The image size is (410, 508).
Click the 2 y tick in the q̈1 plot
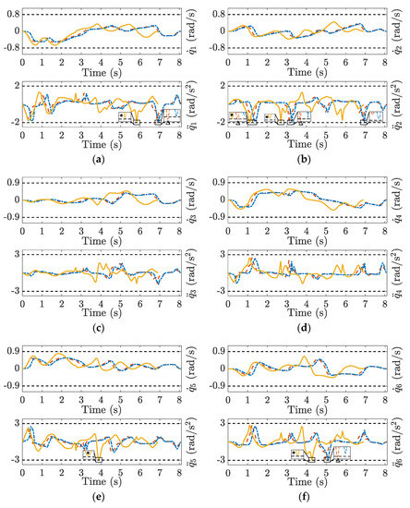(16, 86)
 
